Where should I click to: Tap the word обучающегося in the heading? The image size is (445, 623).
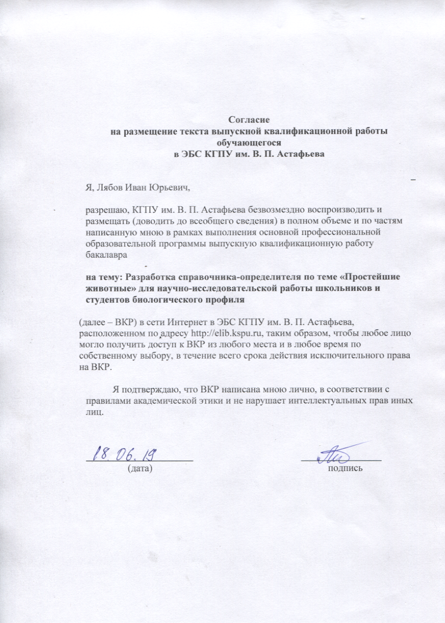pos(248,142)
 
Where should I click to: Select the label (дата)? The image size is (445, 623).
pos(139,467)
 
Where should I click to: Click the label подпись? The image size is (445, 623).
pos(345,467)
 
